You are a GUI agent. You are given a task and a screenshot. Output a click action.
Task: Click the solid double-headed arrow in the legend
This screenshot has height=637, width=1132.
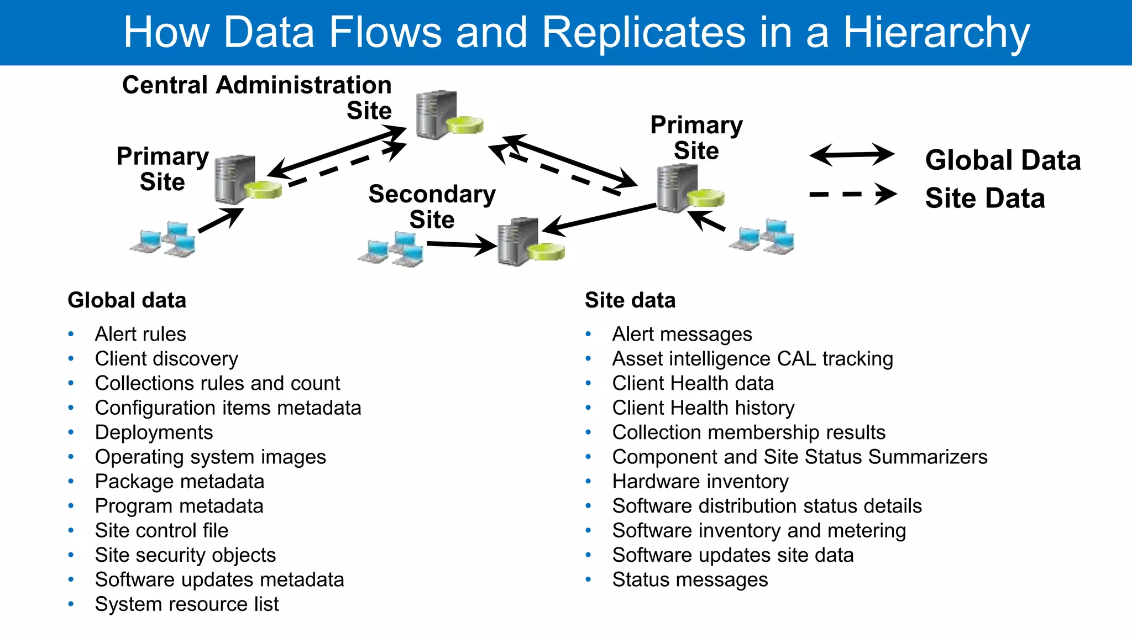851,155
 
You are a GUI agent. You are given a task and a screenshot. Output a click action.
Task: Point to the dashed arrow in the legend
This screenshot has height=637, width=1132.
851,194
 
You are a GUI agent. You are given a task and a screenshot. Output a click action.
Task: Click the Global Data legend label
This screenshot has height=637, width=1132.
1003,160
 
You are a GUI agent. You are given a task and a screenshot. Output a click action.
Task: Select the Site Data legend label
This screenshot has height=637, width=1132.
985,199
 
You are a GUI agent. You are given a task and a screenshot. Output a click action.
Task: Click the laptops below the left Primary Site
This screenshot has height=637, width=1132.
164,239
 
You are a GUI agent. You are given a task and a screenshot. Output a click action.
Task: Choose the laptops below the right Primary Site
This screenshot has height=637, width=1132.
763,237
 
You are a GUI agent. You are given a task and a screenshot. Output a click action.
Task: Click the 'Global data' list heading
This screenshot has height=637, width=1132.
127,300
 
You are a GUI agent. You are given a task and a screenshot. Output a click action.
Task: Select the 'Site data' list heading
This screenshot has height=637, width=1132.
630,300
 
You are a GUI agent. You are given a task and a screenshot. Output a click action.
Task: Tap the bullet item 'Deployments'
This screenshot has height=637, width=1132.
154,432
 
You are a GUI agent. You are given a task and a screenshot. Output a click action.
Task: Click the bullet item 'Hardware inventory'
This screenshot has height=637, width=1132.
700,482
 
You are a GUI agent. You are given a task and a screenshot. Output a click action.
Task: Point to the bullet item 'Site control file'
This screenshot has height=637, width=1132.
161,531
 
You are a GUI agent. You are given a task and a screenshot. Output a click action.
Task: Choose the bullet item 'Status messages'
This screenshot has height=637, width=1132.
690,579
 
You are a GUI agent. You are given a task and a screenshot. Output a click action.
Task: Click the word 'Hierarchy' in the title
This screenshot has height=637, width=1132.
936,32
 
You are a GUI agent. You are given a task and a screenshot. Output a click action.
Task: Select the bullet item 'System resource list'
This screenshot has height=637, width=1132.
187,604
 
